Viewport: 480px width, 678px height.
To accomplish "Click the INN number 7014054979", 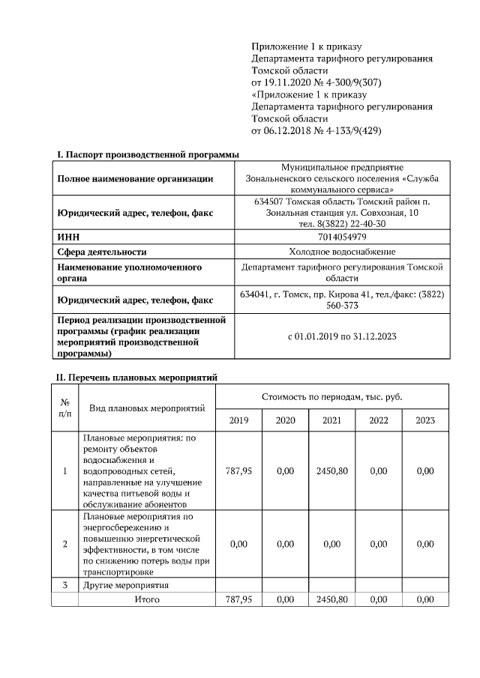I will tap(342, 237).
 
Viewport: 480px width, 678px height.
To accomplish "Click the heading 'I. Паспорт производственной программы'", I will tap(148, 154).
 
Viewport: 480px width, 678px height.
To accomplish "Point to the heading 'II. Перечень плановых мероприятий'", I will tap(137, 377).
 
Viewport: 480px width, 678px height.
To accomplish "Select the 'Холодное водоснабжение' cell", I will tap(342, 252).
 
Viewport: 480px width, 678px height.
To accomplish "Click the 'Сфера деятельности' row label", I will tap(102, 252).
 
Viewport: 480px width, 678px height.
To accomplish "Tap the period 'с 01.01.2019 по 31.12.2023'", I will tap(342, 336).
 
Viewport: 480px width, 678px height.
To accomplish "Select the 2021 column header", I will tap(331, 420).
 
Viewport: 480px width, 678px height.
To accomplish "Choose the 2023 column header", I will tap(425, 420).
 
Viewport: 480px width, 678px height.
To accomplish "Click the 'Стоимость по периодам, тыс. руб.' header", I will tap(331, 396).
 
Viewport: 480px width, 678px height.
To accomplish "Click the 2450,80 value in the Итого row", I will tap(331, 599).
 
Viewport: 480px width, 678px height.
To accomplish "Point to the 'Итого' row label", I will tap(146, 599).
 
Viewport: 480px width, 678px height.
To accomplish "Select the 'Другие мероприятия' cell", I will tap(126, 584).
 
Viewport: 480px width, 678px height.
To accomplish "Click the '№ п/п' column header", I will tap(64, 408).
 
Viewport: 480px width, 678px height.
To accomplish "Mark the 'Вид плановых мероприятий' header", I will tap(147, 408).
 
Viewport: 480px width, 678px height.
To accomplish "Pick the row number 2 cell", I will tap(64, 544).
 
